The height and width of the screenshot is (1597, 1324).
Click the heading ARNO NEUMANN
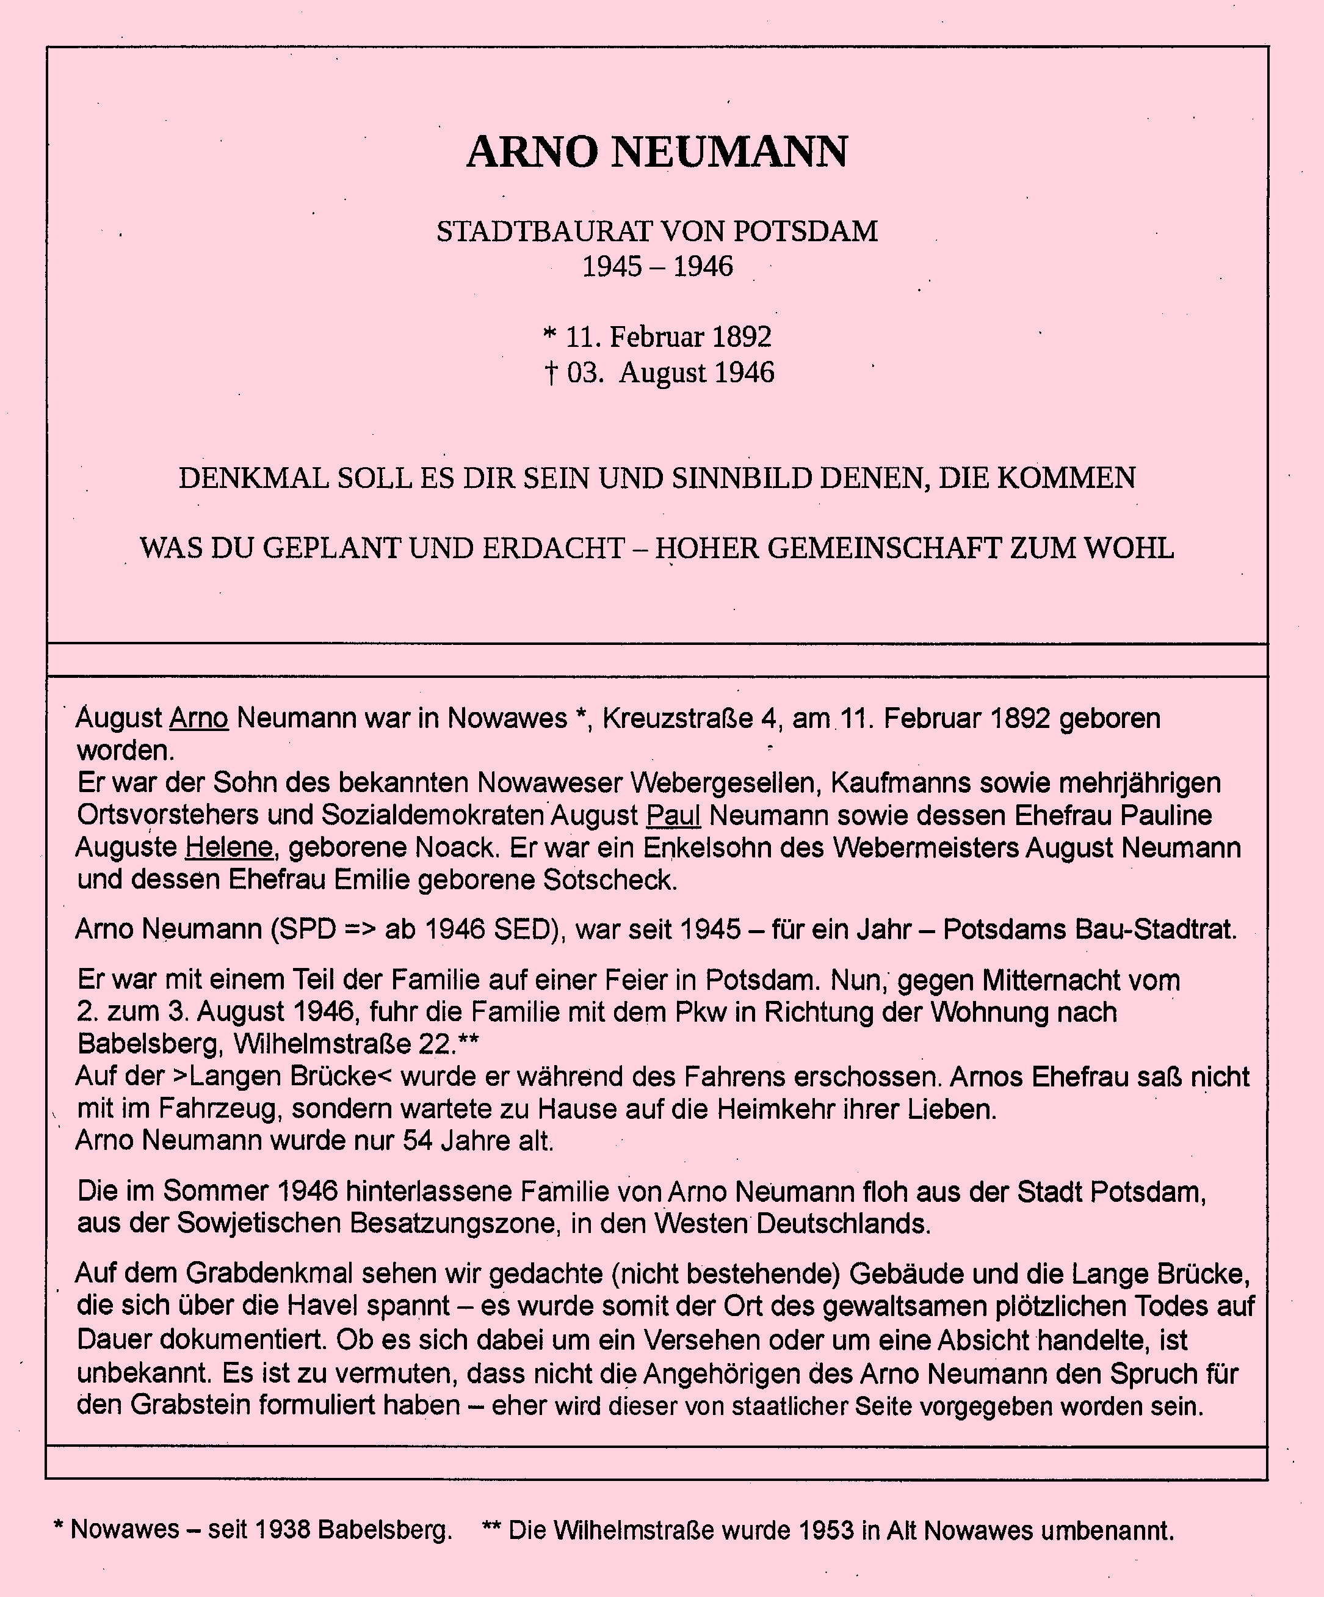point(657,151)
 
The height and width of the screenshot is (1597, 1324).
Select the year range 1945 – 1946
point(657,266)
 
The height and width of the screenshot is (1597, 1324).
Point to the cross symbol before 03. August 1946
point(551,373)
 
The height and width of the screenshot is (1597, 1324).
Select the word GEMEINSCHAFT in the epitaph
point(883,548)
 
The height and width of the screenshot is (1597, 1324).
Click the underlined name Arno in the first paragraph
point(198,718)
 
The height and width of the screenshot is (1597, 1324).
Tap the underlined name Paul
point(673,815)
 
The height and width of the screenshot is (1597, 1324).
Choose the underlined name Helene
point(229,847)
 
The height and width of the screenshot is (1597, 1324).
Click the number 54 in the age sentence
point(419,1141)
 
